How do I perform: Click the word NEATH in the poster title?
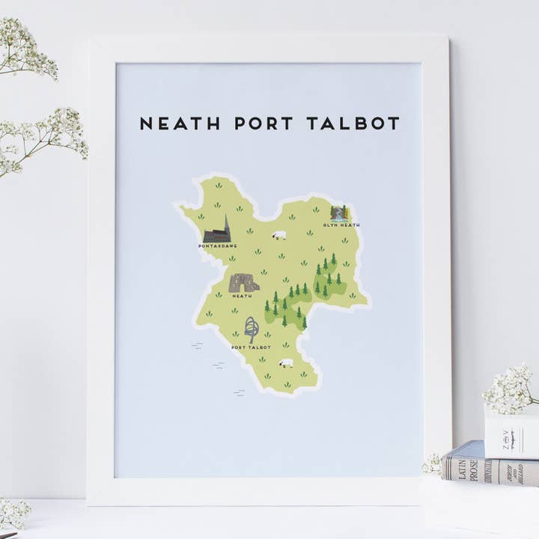180,123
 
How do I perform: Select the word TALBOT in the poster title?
353,123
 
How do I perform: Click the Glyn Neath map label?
341,225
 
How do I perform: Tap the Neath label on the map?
242,296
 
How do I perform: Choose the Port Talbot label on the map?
250,347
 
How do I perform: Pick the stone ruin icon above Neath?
243,283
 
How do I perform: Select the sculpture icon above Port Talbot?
252,329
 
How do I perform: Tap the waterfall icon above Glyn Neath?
339,213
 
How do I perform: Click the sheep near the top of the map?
279,235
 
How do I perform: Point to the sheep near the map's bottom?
286,363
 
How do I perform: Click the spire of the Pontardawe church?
226,222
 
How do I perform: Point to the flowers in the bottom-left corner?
13,513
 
